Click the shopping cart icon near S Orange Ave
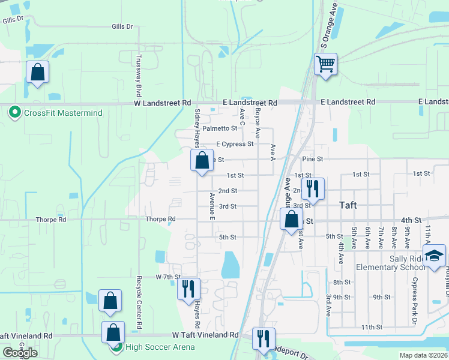[325, 64]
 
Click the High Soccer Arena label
[159, 347]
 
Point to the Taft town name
[348, 205]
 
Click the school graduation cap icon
[434, 256]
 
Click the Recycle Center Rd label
[139, 302]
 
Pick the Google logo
[20, 353]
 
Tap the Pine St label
[313, 159]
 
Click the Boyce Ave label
[257, 124]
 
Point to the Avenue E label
[212, 206]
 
